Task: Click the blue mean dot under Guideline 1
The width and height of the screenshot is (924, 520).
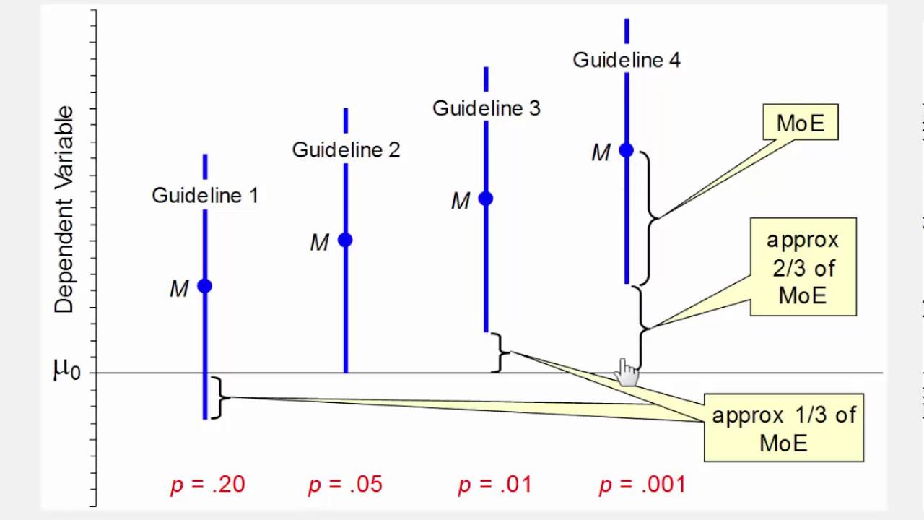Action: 205,286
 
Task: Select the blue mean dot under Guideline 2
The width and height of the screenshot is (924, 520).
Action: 345,240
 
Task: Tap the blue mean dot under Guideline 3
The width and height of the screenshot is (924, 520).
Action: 486,198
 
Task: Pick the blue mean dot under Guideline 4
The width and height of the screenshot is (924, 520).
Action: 626,150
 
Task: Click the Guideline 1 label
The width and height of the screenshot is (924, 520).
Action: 204,195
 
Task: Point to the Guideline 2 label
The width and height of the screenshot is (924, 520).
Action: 345,149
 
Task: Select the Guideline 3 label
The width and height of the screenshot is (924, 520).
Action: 486,108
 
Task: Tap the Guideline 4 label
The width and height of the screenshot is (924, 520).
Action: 626,60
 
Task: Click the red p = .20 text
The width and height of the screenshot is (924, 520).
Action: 208,484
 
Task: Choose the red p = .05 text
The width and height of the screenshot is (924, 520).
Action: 345,484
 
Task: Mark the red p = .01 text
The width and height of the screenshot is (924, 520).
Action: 495,484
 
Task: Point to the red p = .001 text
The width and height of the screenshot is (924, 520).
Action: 642,484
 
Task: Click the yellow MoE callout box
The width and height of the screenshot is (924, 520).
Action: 800,123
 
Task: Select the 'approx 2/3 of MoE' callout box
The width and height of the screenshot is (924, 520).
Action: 803,267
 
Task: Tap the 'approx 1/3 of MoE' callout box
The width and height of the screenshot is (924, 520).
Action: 784,428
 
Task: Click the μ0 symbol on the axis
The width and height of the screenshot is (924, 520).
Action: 66,370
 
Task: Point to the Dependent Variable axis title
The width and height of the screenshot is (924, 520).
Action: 64,209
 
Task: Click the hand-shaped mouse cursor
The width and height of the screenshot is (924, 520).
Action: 627,371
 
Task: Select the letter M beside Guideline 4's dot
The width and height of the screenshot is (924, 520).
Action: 601,153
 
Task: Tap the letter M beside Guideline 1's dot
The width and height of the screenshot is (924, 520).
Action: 179,289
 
